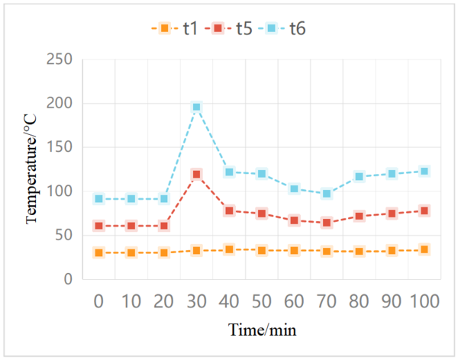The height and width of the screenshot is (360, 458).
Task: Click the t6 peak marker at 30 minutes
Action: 196,108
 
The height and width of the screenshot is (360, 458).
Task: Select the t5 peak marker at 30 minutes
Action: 196,175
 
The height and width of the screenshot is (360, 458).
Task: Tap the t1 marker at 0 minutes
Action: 98,252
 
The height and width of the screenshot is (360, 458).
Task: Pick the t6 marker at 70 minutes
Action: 327,194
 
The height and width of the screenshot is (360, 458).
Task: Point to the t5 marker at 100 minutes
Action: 424,211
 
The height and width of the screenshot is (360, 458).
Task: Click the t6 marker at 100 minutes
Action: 424,171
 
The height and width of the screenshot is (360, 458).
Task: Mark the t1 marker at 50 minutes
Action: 261,250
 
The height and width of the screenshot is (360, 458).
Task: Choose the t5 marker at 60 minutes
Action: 294,220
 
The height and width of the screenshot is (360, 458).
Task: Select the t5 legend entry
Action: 234,29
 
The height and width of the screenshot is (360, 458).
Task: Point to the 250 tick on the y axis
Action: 60,59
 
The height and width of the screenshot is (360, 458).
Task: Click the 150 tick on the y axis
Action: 60,147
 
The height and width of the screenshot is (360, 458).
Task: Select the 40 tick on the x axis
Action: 229,301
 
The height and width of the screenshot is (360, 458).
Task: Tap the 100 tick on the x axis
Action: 424,301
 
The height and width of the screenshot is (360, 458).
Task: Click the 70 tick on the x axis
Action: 327,301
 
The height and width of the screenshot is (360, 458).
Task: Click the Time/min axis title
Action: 262,330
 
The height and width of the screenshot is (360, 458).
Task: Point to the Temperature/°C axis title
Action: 31,169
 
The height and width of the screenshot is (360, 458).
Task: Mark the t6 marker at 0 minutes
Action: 98,199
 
